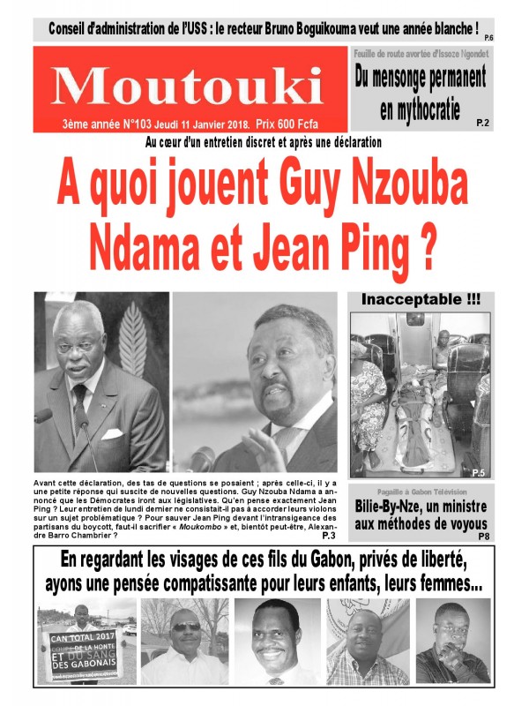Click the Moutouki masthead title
point(187,85)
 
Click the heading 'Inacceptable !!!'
point(421,301)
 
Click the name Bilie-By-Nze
point(397,508)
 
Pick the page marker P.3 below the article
point(329,535)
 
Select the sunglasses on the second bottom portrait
point(185,627)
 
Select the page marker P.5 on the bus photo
point(479,474)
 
